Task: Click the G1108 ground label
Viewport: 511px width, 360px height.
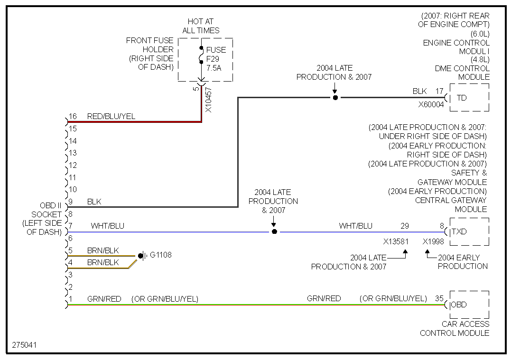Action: tap(161, 255)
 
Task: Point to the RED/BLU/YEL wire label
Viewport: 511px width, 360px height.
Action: tap(111, 116)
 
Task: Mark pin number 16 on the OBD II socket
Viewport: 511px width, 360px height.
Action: tap(73, 116)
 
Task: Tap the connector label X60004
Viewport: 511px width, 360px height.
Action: tap(431, 105)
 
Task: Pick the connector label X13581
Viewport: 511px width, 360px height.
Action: tap(396, 241)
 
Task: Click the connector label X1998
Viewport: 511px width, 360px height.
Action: tap(433, 241)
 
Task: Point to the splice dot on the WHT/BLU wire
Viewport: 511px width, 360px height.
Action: tap(274, 232)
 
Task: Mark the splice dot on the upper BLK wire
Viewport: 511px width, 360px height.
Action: tap(335, 98)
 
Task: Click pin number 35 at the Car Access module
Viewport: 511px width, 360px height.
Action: tap(439, 298)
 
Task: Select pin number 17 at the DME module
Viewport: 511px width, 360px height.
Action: tap(439, 91)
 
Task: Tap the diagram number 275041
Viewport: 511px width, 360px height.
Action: tap(25, 345)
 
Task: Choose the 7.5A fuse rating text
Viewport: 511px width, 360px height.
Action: tap(214, 67)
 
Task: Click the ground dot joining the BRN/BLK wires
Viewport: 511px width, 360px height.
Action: tap(140, 256)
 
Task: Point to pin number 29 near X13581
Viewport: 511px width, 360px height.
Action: tap(404, 226)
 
